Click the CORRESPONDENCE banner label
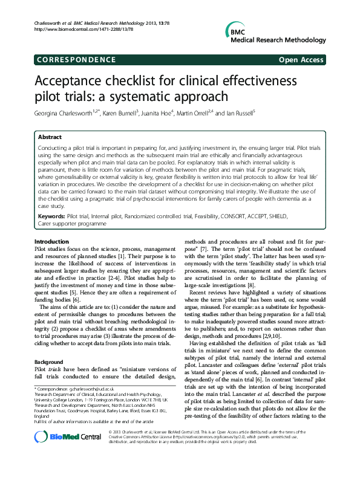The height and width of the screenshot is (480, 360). [x=76, y=60]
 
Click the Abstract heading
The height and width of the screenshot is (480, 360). [x=50, y=138]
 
